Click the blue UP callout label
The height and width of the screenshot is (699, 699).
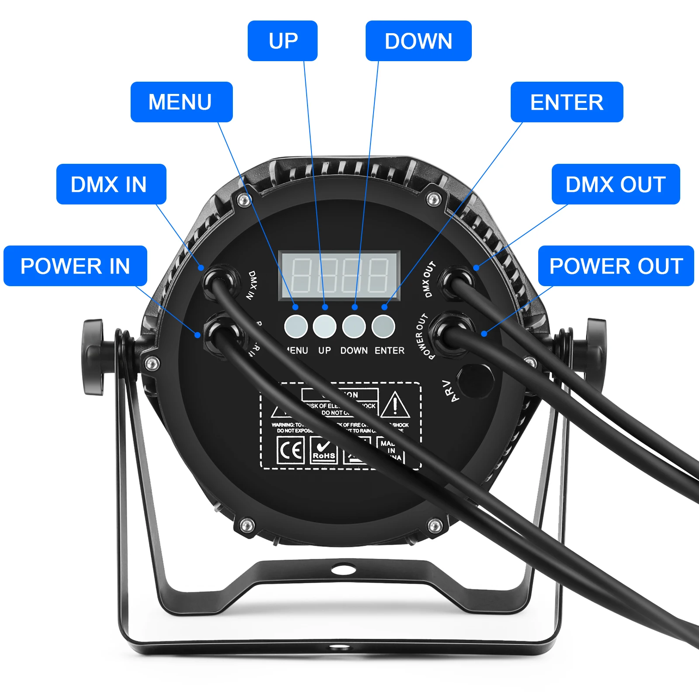pos(283,41)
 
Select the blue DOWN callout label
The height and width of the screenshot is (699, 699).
pos(418,41)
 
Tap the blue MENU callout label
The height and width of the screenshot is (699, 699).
pos(181,102)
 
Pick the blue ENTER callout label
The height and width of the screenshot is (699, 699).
pos(567,102)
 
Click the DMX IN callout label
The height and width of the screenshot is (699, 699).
pos(111,184)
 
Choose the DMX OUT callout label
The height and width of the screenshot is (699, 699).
pos(616,184)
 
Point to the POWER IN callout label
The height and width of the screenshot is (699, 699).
pos(75,266)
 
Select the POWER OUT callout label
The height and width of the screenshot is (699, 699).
pos(616,266)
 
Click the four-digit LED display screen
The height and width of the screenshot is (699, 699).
pos(339,275)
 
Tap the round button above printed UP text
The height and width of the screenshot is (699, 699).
pos(325,326)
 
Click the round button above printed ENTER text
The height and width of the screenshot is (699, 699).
pos(383,326)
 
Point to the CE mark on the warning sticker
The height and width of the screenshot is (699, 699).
pos(291,450)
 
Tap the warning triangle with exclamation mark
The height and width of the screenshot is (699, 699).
pos(395,405)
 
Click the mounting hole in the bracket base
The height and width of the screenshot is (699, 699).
pos(343,569)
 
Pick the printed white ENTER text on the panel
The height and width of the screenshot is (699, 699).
pos(390,350)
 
